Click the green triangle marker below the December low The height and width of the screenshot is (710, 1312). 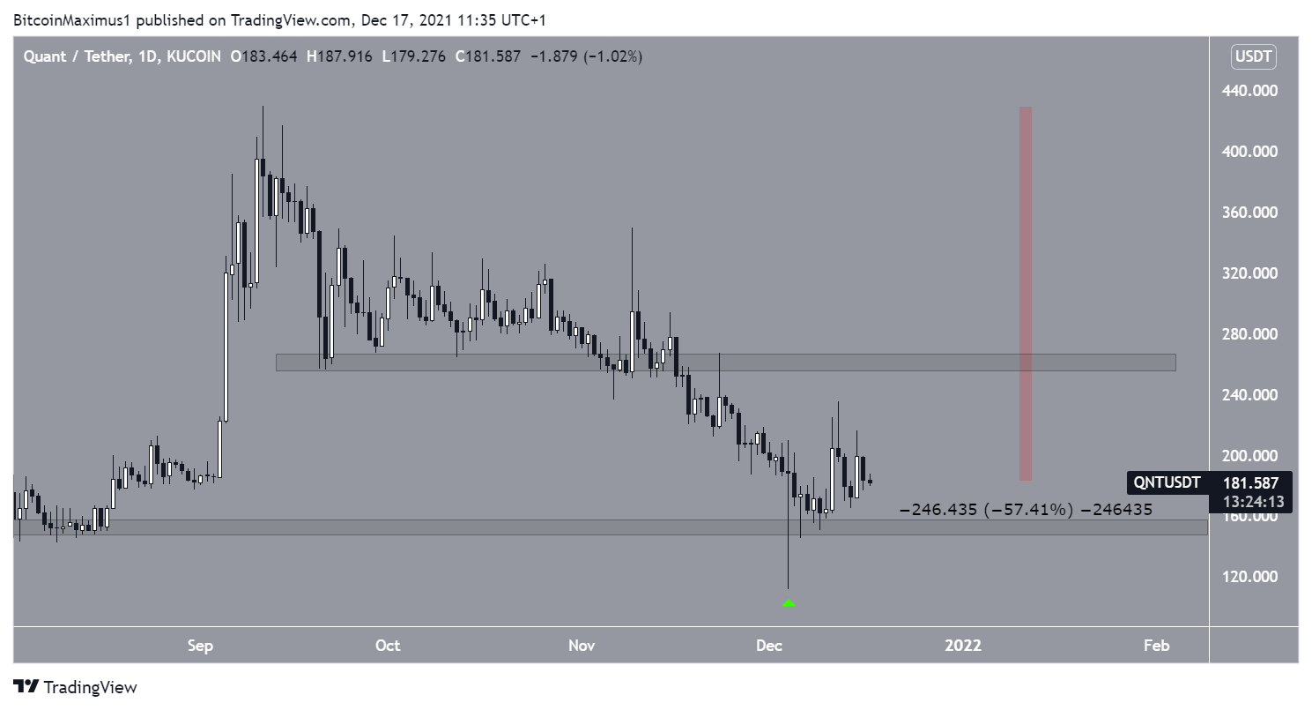click(x=789, y=603)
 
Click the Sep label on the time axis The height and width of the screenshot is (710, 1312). click(x=200, y=646)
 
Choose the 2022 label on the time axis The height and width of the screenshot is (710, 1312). click(x=962, y=646)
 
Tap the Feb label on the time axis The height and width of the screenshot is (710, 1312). click(x=1156, y=646)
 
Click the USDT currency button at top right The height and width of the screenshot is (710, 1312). click(x=1254, y=58)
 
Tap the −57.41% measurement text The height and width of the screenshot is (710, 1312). click(x=1029, y=510)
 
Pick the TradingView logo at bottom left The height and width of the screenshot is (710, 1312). click(x=75, y=687)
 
